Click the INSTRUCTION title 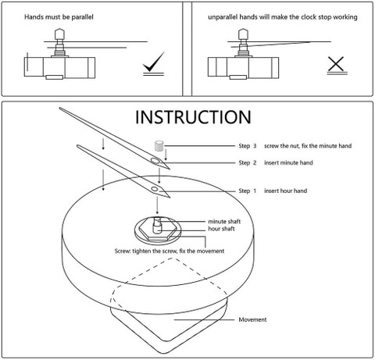coord(193,117)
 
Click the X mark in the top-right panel coord(336,64)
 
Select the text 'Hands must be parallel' coord(59,17)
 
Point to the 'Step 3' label coord(248,146)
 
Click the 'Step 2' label coord(248,162)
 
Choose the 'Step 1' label coord(248,191)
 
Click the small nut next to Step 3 coord(159,145)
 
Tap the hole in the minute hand coord(155,161)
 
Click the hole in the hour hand coord(155,189)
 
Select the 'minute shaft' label coord(224,222)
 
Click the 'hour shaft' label coord(221,229)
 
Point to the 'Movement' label coord(252,319)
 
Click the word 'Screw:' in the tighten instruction coord(123,251)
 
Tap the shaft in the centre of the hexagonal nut coord(157,225)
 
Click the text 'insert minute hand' coord(288,162)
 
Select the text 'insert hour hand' coord(286,191)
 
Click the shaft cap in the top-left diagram coord(59,34)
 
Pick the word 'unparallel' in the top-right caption coord(223,17)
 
